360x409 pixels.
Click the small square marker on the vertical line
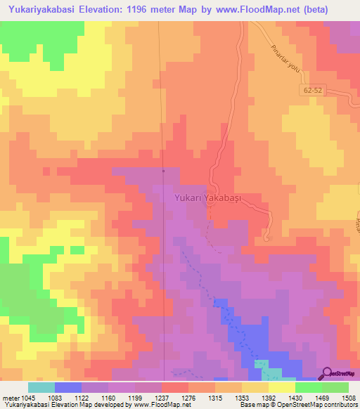tap(163, 170)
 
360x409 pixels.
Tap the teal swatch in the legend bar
tap(41, 387)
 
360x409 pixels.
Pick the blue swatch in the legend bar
tap(68, 387)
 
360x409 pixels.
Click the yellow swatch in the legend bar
tap(281, 387)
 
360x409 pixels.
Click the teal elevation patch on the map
tap(261, 365)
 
